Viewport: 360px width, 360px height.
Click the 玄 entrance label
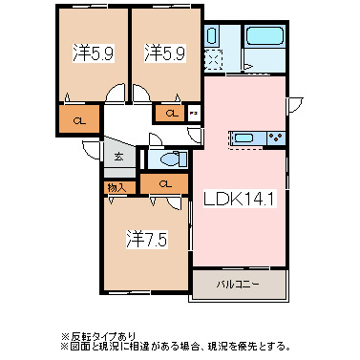[x=119, y=157]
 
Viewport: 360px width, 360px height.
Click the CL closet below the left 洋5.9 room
[x=80, y=120]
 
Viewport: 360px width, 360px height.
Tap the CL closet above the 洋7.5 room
[x=164, y=183]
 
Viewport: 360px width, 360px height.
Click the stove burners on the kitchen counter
[x=275, y=136]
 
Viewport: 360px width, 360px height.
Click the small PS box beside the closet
[x=193, y=115]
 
